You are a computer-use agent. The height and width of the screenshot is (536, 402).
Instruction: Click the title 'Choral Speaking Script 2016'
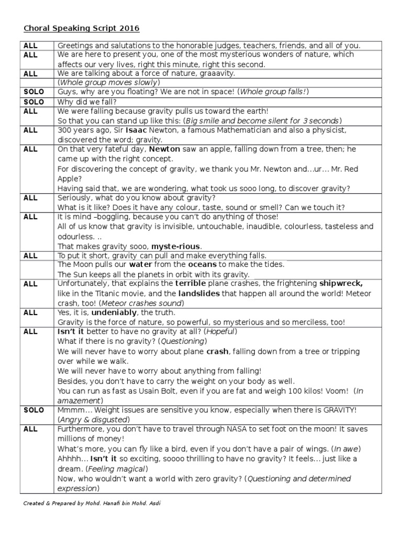(x=82, y=28)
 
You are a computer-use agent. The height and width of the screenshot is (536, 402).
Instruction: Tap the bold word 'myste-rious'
(x=176, y=246)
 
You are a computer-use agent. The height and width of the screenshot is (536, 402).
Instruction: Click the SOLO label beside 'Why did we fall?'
(x=34, y=102)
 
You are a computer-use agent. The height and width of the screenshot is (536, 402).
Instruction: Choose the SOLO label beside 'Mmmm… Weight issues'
(x=34, y=410)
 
